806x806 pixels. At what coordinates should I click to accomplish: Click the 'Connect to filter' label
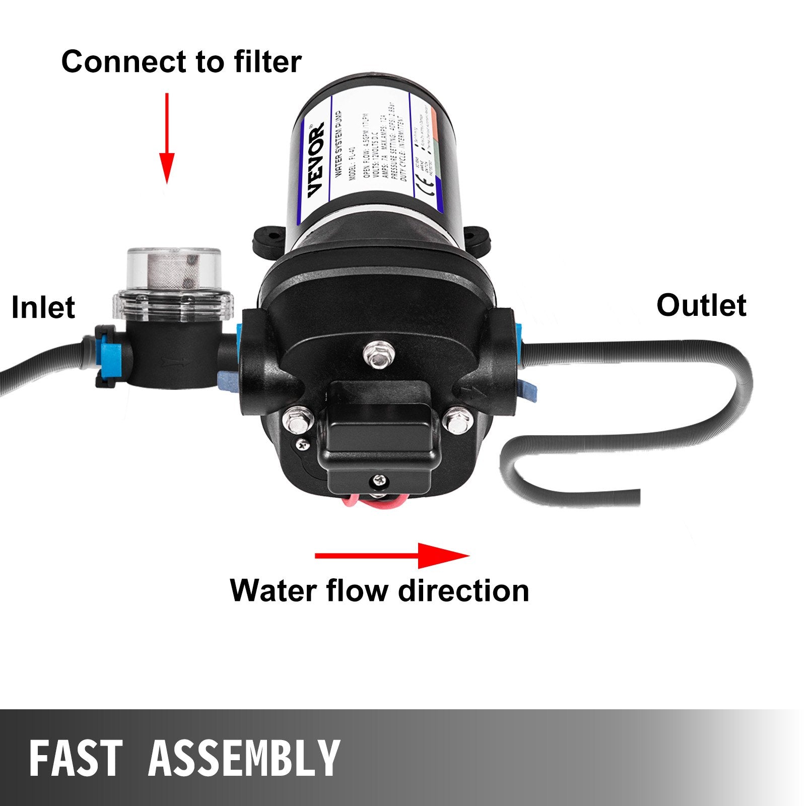[181, 62]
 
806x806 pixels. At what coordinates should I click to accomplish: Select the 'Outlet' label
[701, 305]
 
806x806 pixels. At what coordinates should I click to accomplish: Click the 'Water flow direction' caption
[379, 590]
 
